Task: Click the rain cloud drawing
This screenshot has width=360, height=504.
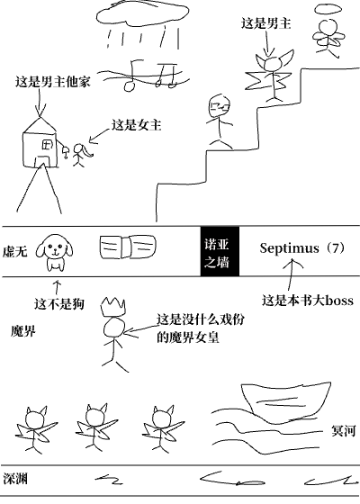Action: click(143, 15)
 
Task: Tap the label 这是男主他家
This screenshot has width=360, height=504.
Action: click(53, 82)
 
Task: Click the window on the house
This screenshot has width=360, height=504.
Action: click(47, 145)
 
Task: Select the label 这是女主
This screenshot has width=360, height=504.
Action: click(136, 125)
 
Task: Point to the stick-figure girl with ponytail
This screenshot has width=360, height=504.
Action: click(80, 154)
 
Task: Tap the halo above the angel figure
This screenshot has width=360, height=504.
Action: click(328, 10)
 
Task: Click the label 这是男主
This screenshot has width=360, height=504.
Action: click(266, 23)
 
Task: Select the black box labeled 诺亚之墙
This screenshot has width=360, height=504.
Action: click(220, 251)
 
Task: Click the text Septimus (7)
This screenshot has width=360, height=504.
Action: click(302, 248)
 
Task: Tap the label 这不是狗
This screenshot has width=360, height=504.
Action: click(59, 303)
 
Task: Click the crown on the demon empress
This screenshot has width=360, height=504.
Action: click(113, 307)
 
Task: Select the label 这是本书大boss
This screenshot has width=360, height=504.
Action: click(308, 301)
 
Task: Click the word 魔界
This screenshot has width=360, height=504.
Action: click(23, 331)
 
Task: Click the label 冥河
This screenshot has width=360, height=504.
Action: click(344, 430)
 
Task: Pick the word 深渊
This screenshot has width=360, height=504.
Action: click(15, 479)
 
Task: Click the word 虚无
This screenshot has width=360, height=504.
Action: click(15, 251)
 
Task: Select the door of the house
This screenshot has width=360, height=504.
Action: click(42, 161)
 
